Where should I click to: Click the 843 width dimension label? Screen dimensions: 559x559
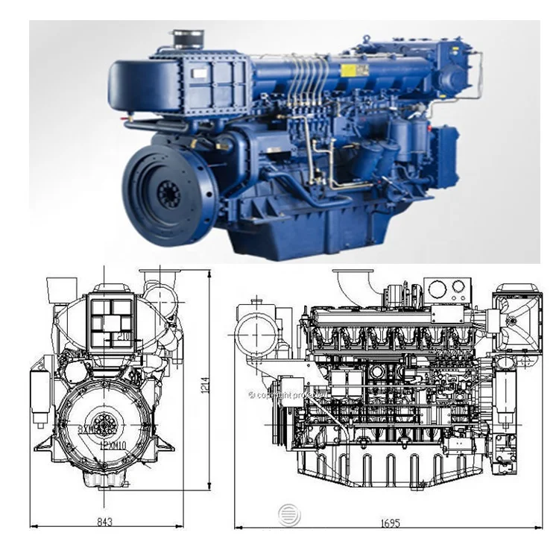tap(104, 522)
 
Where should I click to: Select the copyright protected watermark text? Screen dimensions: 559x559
tap(282, 395)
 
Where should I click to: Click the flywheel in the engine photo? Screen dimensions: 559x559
tap(167, 186)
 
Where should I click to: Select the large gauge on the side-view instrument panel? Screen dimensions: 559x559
tap(438, 290)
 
